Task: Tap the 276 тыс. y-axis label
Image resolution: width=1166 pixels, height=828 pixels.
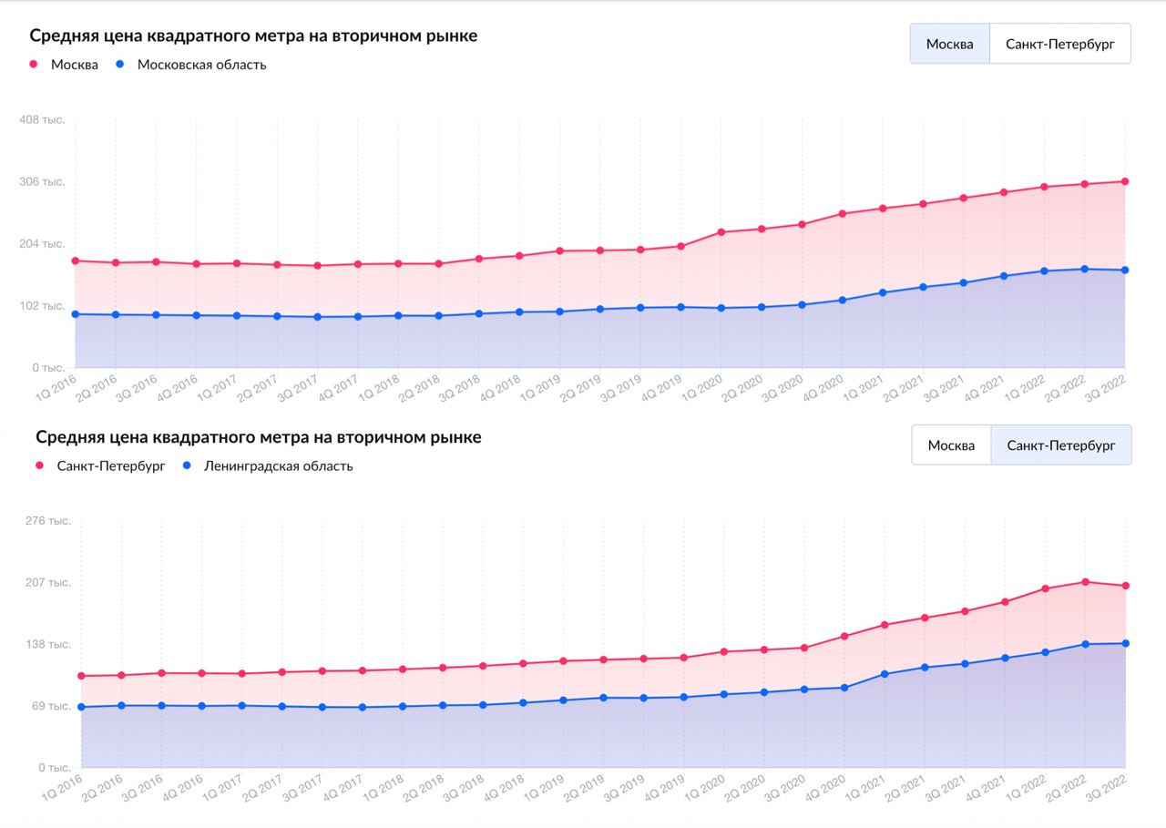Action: click(x=48, y=521)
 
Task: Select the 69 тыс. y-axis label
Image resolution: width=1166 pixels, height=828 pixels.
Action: click(x=52, y=706)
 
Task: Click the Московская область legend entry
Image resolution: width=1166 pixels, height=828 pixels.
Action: click(x=201, y=65)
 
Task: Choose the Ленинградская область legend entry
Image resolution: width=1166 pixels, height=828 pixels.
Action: click(x=278, y=466)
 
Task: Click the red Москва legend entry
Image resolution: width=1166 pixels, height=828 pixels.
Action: click(x=74, y=65)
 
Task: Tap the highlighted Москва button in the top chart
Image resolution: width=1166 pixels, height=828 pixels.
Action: click(x=949, y=44)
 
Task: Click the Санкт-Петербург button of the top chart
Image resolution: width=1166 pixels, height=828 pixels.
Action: click(x=1059, y=44)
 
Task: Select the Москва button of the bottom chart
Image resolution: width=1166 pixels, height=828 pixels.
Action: click(x=951, y=445)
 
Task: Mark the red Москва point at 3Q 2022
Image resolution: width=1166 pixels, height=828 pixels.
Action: click(x=1125, y=181)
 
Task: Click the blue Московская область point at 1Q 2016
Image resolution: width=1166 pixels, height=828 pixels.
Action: click(x=76, y=314)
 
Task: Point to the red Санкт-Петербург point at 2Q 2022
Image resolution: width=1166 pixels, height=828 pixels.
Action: click(x=1085, y=582)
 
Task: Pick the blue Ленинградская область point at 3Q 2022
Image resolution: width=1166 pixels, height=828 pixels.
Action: click(x=1125, y=643)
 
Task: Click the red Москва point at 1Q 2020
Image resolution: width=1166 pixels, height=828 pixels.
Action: click(x=721, y=232)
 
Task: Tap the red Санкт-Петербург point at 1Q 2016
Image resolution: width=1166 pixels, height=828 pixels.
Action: click(x=81, y=676)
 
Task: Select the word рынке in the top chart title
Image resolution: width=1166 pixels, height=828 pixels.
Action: click(x=451, y=36)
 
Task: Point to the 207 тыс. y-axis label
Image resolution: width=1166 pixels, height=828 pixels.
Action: click(x=48, y=583)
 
